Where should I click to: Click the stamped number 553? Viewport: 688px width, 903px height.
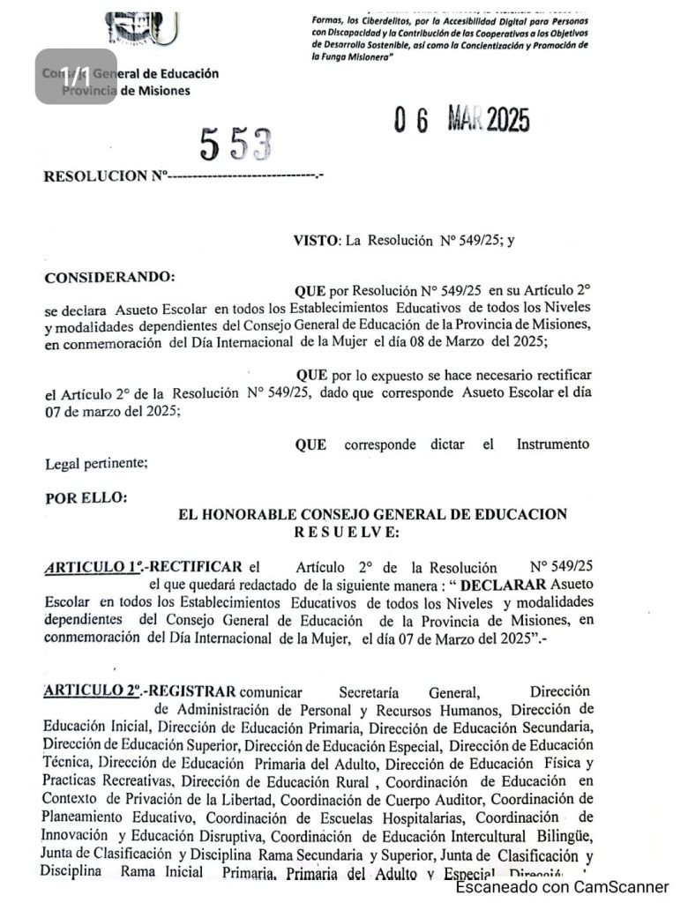point(235,145)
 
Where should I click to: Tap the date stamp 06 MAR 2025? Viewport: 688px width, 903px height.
point(462,120)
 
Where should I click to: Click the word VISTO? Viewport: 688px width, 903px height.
point(315,240)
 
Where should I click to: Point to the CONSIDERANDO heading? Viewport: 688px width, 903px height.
point(109,276)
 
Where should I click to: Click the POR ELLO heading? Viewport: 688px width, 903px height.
point(86,497)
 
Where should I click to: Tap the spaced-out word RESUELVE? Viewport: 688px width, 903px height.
point(347,532)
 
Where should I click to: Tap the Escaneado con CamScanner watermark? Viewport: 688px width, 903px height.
point(562,887)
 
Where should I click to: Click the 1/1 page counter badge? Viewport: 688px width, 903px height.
point(76,76)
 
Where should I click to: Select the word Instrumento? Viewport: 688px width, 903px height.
point(553,444)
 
